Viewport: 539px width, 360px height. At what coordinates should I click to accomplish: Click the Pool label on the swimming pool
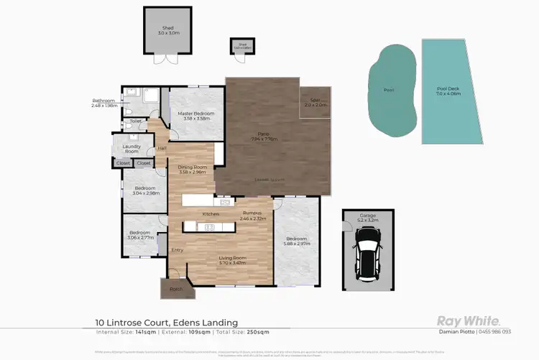click(389, 91)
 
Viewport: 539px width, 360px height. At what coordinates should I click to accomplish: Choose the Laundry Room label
click(132, 149)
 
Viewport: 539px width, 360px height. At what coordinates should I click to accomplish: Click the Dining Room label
click(192, 170)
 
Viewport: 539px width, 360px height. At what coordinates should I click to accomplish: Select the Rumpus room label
click(254, 216)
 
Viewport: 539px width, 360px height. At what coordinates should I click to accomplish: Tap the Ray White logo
click(469, 321)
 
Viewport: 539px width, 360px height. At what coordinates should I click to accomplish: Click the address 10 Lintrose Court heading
click(167, 323)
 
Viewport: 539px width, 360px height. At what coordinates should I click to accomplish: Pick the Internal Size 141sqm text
click(124, 332)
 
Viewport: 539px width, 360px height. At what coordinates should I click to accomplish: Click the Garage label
click(367, 216)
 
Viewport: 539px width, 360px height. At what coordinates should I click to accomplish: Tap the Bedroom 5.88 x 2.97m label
click(297, 241)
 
